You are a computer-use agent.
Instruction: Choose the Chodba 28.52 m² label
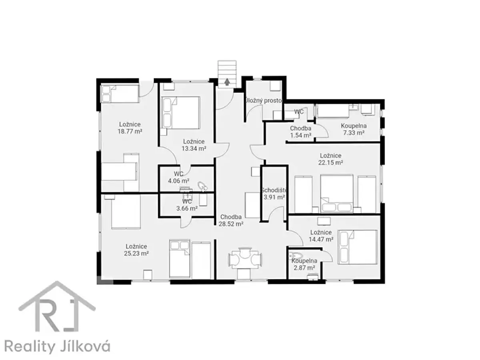231,220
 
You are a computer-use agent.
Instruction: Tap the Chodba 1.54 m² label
300,132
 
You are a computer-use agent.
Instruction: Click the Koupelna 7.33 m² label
354,129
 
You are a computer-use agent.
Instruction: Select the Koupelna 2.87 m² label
304,264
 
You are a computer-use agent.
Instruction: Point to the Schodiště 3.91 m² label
274,194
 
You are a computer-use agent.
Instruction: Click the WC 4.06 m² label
178,177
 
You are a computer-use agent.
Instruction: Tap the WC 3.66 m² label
187,205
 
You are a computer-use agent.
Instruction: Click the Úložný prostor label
264,100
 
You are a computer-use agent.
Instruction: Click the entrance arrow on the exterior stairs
227,82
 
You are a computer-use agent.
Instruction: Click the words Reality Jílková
57,346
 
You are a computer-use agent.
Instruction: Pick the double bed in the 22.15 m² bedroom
336,194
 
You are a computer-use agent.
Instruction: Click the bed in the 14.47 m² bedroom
358,247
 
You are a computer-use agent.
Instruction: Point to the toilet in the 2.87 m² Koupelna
296,256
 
